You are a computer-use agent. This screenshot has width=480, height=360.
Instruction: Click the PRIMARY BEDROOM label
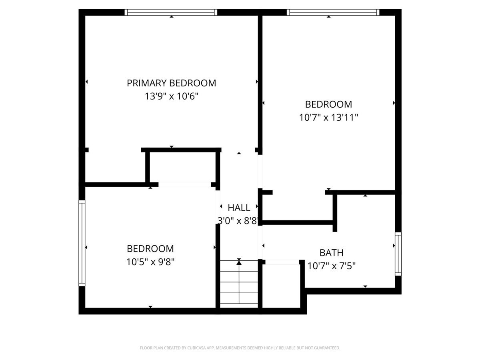(x=171, y=83)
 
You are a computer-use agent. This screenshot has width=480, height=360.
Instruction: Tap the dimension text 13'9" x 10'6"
(x=172, y=96)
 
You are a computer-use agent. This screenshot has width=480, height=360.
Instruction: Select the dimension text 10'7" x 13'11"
(x=328, y=118)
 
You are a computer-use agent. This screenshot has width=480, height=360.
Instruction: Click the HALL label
(x=239, y=208)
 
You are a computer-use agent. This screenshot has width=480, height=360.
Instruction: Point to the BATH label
(x=331, y=253)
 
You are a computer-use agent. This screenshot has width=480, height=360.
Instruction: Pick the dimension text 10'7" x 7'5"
(x=332, y=266)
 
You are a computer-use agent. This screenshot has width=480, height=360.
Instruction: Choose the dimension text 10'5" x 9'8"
(x=150, y=262)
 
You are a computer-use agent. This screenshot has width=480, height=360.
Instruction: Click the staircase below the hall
(x=239, y=283)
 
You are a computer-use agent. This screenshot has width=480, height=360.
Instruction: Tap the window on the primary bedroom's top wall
(x=171, y=12)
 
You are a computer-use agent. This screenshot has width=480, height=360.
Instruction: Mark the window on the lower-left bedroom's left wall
(x=82, y=243)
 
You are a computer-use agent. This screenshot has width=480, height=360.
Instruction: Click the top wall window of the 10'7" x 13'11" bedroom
(x=333, y=12)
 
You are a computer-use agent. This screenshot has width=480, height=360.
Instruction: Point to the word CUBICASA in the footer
(x=198, y=348)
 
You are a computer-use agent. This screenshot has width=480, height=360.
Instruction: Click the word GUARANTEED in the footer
(x=326, y=348)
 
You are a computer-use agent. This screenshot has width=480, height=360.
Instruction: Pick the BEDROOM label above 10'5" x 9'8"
(x=150, y=249)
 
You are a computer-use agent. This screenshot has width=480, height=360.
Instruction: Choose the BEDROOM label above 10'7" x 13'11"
(x=328, y=104)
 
